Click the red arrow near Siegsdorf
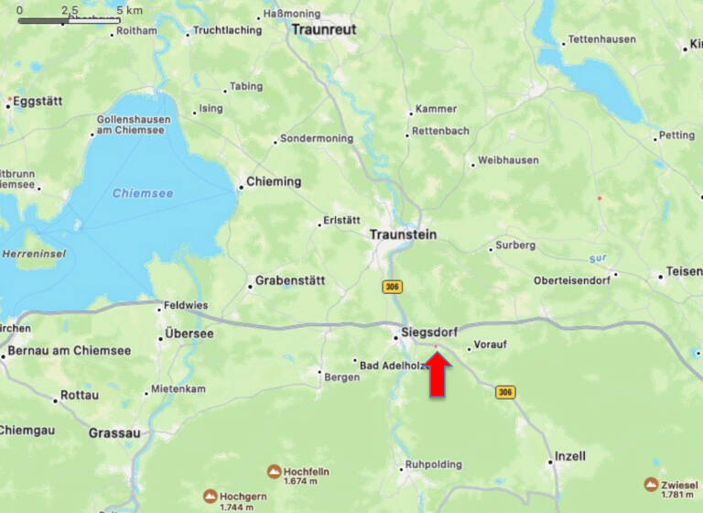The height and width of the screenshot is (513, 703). click(x=438, y=375)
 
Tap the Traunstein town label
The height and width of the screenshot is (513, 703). click(x=403, y=235)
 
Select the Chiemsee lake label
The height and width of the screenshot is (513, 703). click(x=135, y=193)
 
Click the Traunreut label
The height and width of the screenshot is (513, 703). click(x=322, y=29)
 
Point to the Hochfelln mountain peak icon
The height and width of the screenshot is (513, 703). click(x=275, y=472)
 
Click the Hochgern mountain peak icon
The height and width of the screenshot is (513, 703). click(x=211, y=497)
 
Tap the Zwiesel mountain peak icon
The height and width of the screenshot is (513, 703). click(x=651, y=485)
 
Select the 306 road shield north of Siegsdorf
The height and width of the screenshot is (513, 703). click(x=393, y=288)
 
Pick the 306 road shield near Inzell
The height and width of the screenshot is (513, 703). click(x=504, y=392)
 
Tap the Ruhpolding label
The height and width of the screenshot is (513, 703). click(x=433, y=464)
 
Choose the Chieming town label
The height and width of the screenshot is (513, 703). click(x=274, y=181)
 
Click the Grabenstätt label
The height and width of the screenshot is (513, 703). click(x=289, y=280)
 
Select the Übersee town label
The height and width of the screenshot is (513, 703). click(x=189, y=333)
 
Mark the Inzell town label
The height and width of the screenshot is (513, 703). click(x=570, y=456)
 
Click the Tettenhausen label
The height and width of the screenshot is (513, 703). click(x=601, y=39)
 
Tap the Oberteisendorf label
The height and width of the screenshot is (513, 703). click(x=573, y=280)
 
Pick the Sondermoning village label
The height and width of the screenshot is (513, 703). click(x=316, y=138)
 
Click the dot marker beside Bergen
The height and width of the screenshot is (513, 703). click(x=319, y=373)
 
